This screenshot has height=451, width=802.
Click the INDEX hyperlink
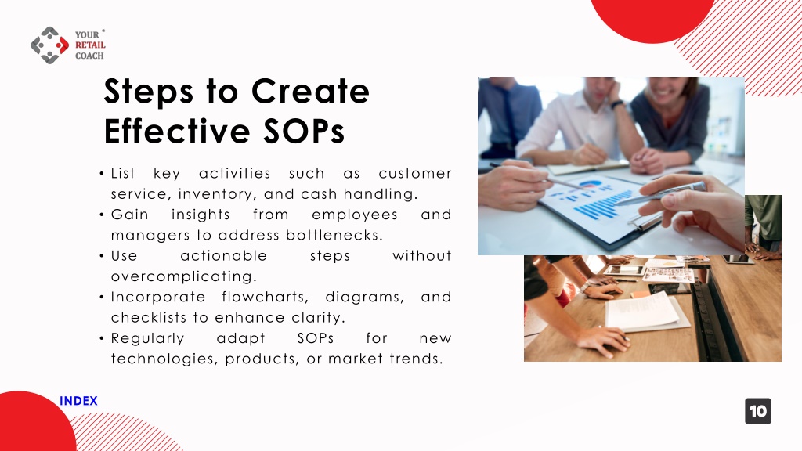point(78,401)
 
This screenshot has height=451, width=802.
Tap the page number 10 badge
point(757,411)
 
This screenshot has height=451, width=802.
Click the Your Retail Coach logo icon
point(49,45)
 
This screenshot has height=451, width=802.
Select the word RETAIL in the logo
point(90,45)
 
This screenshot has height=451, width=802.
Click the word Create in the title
point(310,92)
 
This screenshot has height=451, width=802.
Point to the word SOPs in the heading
point(304,131)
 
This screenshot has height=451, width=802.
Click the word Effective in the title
point(177,131)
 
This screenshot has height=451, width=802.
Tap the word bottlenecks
point(334,235)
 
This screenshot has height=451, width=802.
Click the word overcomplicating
point(183,276)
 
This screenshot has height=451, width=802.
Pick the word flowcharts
point(265,297)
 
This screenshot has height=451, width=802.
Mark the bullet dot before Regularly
point(102,338)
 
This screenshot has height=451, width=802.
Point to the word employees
point(355,215)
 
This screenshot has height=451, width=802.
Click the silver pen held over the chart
point(659,194)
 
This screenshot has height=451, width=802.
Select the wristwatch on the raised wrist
point(617,104)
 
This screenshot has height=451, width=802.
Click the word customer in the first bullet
point(415,173)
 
